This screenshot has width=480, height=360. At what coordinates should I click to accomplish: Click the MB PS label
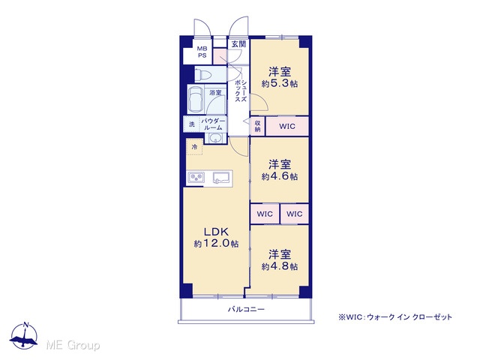202,52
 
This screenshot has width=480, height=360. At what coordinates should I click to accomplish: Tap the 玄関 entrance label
238,43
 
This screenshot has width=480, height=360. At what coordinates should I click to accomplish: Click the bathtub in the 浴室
196,100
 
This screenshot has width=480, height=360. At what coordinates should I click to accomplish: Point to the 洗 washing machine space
192,124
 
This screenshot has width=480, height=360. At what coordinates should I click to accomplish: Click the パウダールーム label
213,124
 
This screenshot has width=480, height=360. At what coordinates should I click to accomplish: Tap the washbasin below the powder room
216,138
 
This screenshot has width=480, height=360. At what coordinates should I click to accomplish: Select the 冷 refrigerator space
194,147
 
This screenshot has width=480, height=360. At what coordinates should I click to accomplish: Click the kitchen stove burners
196,178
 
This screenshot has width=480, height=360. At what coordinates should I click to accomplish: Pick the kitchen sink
221,178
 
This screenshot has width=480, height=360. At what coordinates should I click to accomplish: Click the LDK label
217,232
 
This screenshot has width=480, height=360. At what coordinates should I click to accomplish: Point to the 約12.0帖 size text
217,243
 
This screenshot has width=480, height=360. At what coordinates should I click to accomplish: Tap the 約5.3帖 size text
280,83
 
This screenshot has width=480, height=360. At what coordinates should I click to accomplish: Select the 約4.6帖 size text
280,176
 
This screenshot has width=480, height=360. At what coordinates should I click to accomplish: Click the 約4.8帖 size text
280,266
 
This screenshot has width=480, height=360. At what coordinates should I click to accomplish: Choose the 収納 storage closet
258,126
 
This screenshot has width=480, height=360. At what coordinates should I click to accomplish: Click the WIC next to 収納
287,126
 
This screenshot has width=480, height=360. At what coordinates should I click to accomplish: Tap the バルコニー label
246,309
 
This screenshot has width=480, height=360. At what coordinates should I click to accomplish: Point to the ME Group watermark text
73,345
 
